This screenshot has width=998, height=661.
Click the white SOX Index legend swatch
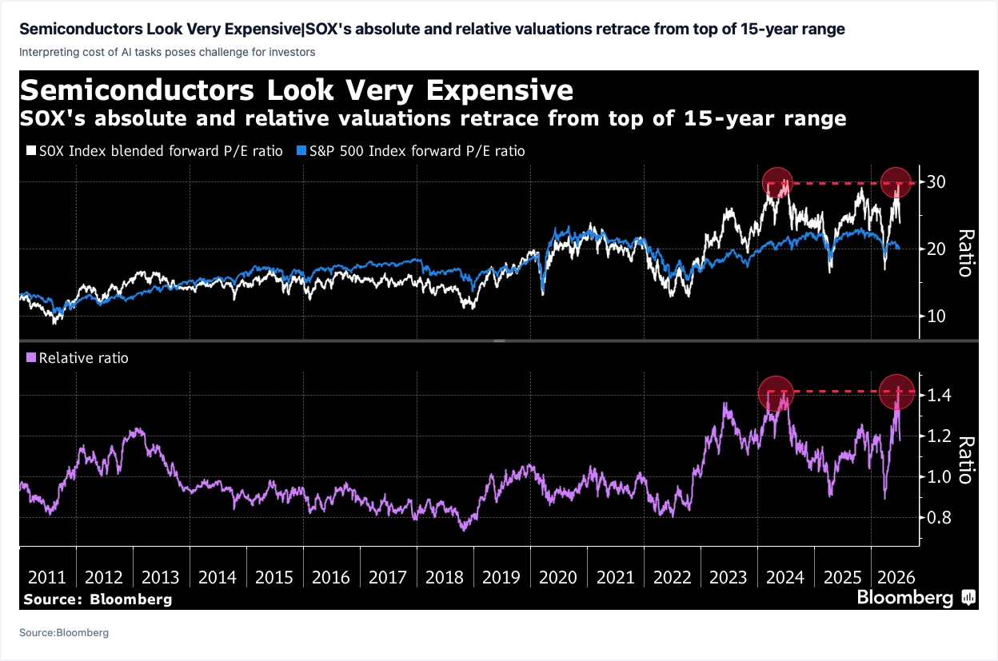pyautogui.click(x=30, y=150)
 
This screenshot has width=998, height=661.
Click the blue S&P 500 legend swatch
pyautogui.click(x=301, y=150)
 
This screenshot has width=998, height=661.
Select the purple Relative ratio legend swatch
pyautogui.click(x=30, y=357)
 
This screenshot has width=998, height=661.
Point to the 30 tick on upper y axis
pyautogui.click(x=936, y=182)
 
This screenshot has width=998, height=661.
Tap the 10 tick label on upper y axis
pyautogui.click(x=936, y=317)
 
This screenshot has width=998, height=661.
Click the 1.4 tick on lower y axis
pyautogui.click(x=939, y=395)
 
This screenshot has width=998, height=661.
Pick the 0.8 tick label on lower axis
pyautogui.click(x=939, y=518)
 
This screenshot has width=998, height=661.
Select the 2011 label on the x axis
pyautogui.click(x=46, y=578)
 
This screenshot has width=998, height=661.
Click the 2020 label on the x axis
pyautogui.click(x=558, y=578)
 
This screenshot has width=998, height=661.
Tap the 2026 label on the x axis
pyautogui.click(x=896, y=578)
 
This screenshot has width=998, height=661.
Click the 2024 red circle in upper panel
pyautogui.click(x=777, y=182)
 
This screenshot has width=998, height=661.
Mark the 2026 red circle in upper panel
pyautogui.click(x=896, y=182)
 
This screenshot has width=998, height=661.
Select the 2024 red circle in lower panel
pyautogui.click(x=776, y=393)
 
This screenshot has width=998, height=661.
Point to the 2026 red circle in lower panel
pyautogui.click(x=897, y=392)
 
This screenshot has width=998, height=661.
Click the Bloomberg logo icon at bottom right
pyautogui.click(x=968, y=597)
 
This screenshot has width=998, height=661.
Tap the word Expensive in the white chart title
pyautogui.click(x=500, y=90)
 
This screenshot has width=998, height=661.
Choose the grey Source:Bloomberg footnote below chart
pyautogui.click(x=64, y=632)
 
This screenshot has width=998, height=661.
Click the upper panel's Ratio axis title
pyautogui.click(x=965, y=253)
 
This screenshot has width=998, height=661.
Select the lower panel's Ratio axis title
pyautogui.click(x=965, y=460)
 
